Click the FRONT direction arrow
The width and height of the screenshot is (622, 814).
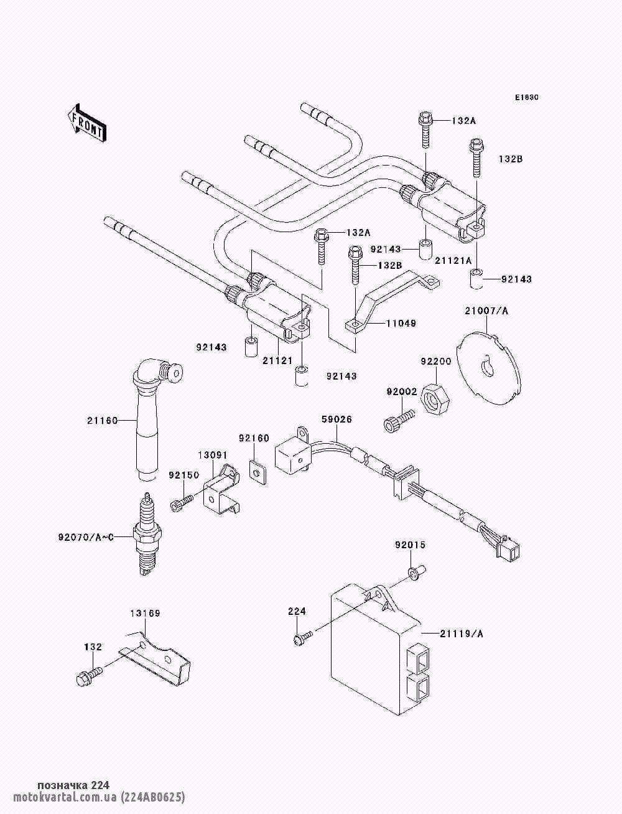pyautogui.click(x=87, y=123)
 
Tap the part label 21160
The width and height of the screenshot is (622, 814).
pyautogui.click(x=103, y=421)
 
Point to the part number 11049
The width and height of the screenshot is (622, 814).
pyautogui.click(x=401, y=324)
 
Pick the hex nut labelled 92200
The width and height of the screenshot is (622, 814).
pyautogui.click(x=435, y=400)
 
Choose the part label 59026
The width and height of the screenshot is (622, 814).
pyautogui.click(x=337, y=419)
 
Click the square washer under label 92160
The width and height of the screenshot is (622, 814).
pyautogui.click(x=258, y=472)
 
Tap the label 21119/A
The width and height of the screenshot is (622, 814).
pyautogui.click(x=462, y=634)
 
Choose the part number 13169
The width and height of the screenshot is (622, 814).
pyautogui.click(x=146, y=614)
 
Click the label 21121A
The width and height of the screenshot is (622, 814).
pyautogui.click(x=453, y=261)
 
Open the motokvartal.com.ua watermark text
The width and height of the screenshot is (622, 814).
pyautogui.click(x=99, y=797)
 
